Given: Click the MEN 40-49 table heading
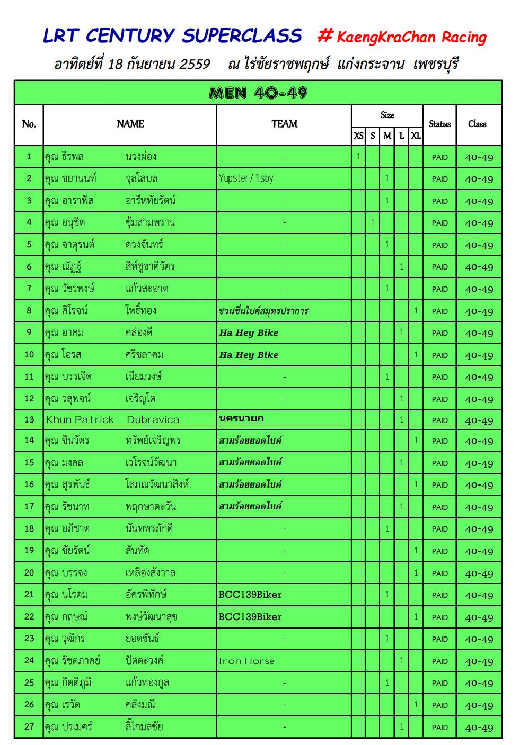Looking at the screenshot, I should tap(258, 93).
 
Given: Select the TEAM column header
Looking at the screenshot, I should tap(284, 124).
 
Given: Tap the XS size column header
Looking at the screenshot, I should tap(358, 136).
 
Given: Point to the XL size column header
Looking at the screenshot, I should tap(416, 136).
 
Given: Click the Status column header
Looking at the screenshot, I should tap(439, 124).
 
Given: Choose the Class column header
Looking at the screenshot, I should tap(477, 124).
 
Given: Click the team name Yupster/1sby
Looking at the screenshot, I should tap(246, 178).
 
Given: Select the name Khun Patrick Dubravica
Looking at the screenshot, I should tap(112, 420).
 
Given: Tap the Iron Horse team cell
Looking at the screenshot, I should tap(246, 661).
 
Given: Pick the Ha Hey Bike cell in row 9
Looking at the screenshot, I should tap(249, 333).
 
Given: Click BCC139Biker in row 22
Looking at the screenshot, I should tap(250, 617).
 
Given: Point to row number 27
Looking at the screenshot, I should tap(29, 726).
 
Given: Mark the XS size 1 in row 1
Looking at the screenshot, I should tap(358, 157).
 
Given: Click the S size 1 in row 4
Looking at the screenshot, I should tap(373, 222).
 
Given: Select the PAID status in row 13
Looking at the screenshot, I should tap(439, 420).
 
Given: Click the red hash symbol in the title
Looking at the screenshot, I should tap(324, 36).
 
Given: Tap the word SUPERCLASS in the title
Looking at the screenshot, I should tap(242, 36).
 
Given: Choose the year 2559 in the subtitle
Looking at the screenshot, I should tap(195, 65).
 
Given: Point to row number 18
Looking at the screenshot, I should tap(29, 528).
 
